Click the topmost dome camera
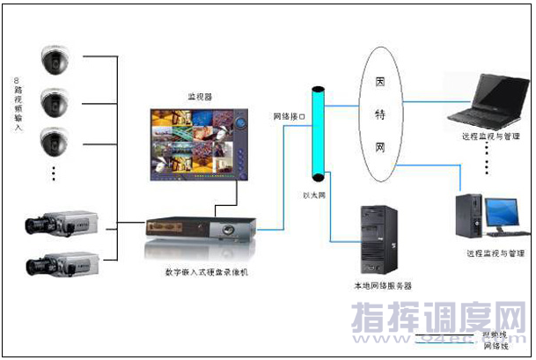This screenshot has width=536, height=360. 55,60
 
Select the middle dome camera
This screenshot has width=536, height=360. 55,100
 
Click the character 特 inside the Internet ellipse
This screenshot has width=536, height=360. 380,114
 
